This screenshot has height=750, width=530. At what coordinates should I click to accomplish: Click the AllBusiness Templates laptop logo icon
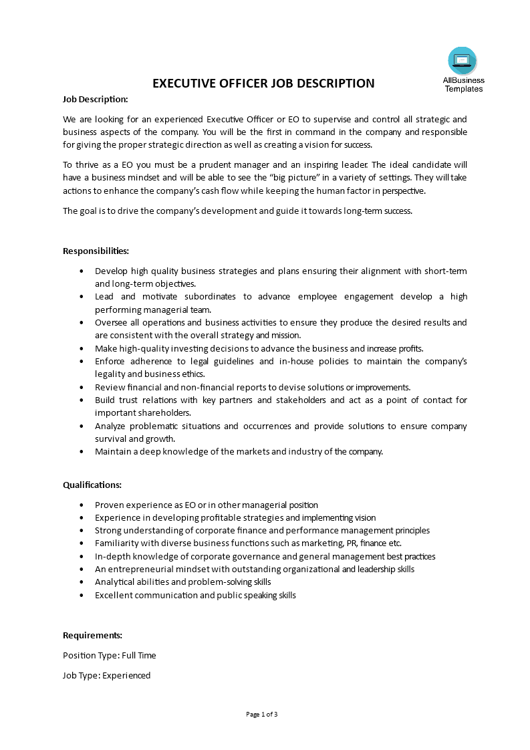click(x=462, y=61)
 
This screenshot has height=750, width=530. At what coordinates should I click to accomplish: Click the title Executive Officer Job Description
click(x=264, y=84)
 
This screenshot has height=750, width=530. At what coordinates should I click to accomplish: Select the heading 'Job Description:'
click(x=96, y=99)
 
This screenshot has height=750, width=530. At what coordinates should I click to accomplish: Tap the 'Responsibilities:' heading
click(x=96, y=251)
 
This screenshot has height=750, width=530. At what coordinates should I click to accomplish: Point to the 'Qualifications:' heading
click(x=92, y=485)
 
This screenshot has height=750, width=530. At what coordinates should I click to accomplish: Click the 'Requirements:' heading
click(x=92, y=635)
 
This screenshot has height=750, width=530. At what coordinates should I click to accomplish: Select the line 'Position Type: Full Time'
click(x=110, y=655)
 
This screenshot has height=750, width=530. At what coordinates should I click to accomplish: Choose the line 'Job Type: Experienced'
click(x=107, y=675)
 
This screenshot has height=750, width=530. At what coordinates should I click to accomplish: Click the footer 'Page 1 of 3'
click(x=262, y=714)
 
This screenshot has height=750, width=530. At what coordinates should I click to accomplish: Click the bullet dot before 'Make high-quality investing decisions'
click(x=82, y=348)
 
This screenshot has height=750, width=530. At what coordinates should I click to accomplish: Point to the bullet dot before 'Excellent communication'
click(x=82, y=595)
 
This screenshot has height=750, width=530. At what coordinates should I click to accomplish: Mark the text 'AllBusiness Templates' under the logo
click(x=463, y=84)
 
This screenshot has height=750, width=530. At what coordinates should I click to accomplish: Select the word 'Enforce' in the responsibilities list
click(x=110, y=361)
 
